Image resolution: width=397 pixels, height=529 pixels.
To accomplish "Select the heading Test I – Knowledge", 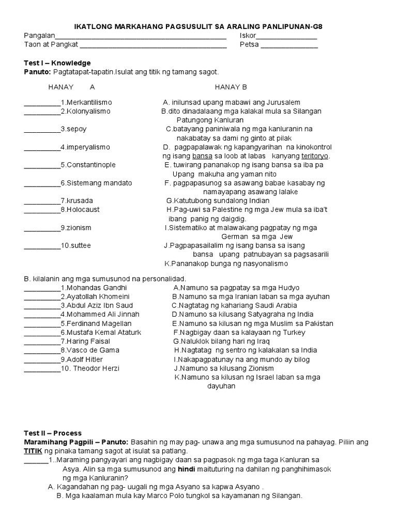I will pyautogui.click(x=57, y=63).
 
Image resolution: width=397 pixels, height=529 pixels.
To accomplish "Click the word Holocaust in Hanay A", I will pyautogui.click(x=82, y=210).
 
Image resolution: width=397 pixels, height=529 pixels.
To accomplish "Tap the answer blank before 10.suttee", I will pyautogui.click(x=42, y=246).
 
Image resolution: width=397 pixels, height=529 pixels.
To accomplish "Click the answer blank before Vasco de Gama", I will pyautogui.click(x=42, y=351).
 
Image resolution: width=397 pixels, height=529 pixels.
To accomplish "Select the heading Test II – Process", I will pyautogui.click(x=53, y=433).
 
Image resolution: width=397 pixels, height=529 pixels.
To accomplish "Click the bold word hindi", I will pyautogui.click(x=187, y=469).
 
